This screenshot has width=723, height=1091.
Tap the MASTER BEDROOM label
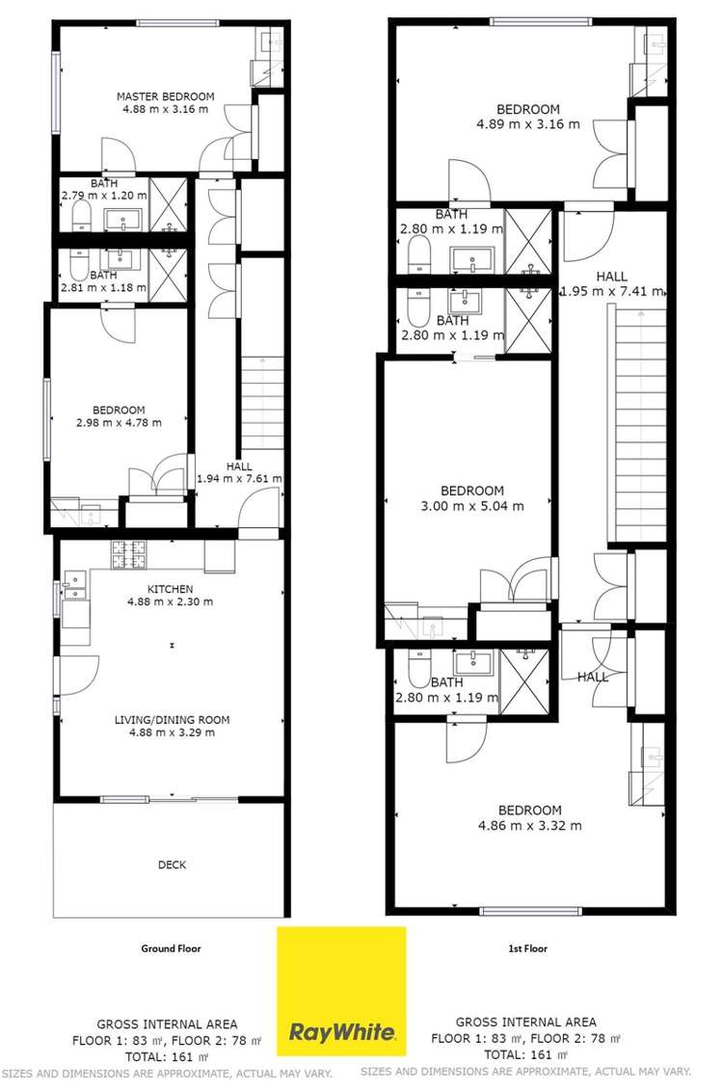point(166,96)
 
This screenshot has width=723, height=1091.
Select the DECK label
point(172,865)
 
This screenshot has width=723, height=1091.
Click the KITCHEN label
point(170,589)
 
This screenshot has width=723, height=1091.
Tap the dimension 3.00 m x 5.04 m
point(471,506)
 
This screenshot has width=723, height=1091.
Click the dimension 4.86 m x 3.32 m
point(529,825)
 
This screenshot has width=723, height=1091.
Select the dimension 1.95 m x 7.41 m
point(611,291)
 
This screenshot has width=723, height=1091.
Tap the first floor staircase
point(636,424)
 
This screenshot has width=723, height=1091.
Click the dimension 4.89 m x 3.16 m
point(528,123)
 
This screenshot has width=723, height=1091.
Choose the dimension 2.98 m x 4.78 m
point(120,422)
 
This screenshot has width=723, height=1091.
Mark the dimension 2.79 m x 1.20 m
point(104,196)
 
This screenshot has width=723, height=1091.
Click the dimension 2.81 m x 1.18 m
point(104,287)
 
